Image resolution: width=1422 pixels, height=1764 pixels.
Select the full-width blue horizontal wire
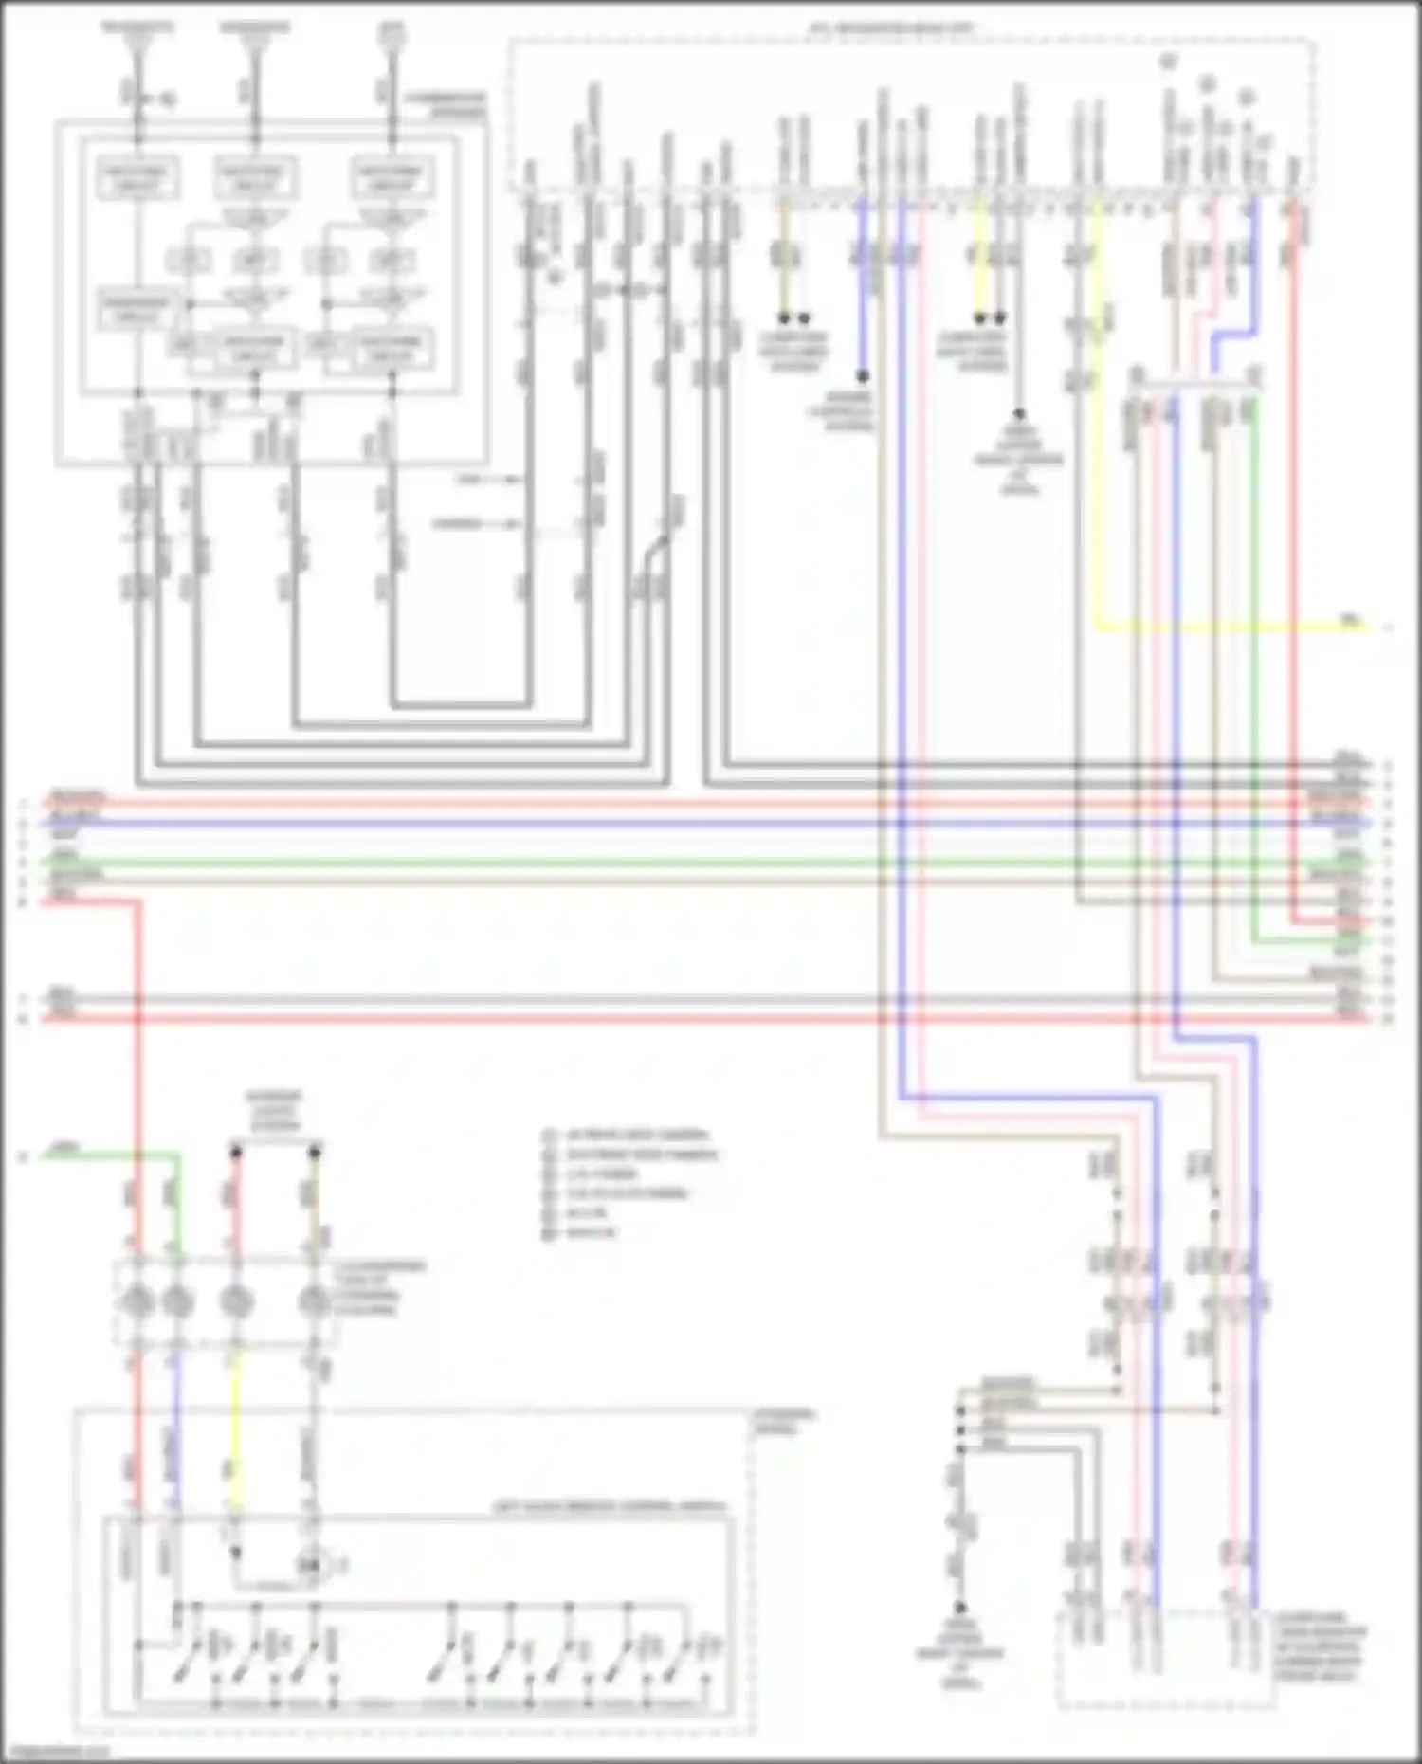[x=664, y=823]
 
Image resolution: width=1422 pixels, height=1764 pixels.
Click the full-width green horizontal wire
[x=664, y=862]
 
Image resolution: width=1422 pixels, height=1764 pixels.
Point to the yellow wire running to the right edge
[x=1232, y=627]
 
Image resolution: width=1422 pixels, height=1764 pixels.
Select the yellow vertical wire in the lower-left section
[x=236, y=1422]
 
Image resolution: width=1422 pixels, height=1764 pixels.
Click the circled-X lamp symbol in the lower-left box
[x=310, y=1565]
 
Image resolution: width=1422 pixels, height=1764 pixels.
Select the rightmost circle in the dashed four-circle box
[x=314, y=1303]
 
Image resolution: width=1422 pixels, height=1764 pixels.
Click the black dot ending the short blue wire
[x=863, y=376]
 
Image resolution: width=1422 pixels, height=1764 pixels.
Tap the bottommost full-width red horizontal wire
[x=664, y=1019]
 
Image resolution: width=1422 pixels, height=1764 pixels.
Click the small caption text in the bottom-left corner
[x=57, y=1752]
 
